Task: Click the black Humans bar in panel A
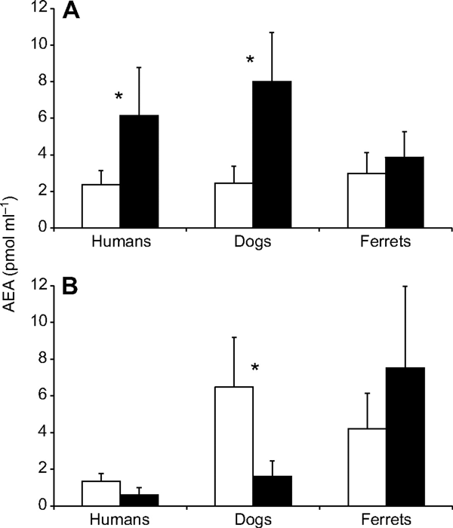point(139,171)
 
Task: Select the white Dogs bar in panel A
point(233,205)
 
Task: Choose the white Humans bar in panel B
point(101,493)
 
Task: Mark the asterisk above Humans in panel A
point(119,97)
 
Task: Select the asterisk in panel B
point(256,368)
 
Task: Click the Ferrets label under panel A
point(384,244)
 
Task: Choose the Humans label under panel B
point(120,520)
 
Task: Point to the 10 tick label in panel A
point(45,45)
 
